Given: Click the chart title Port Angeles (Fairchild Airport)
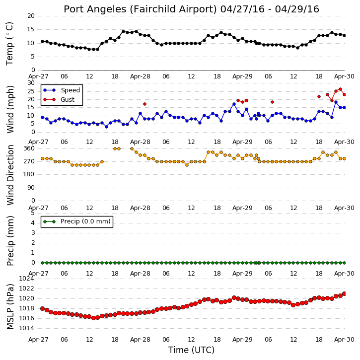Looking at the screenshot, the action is click(x=141, y=9).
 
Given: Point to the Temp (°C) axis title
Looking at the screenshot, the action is click(x=9, y=44).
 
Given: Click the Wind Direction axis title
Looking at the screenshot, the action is click(x=10, y=175).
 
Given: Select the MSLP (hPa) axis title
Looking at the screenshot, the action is click(x=10, y=306).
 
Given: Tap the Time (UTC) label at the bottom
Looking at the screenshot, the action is click(x=191, y=350).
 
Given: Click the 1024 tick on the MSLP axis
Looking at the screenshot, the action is click(x=26, y=279).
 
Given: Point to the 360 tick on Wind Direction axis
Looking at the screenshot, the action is click(x=29, y=148).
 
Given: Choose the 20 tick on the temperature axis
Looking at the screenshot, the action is click(x=31, y=16).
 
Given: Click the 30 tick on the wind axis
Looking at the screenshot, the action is click(x=31, y=83).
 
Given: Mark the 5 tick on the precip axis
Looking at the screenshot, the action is click(x=33, y=213).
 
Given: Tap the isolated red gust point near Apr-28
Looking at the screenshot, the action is click(x=144, y=104).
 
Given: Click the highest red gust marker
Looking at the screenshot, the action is click(x=340, y=89).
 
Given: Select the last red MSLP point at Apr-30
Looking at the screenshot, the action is click(x=344, y=293).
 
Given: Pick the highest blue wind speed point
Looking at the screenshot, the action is click(x=336, y=102).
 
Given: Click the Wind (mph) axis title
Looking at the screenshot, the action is click(x=10, y=109).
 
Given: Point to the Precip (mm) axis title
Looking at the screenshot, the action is click(x=10, y=241).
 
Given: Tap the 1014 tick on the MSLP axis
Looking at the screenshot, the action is click(x=26, y=328).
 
